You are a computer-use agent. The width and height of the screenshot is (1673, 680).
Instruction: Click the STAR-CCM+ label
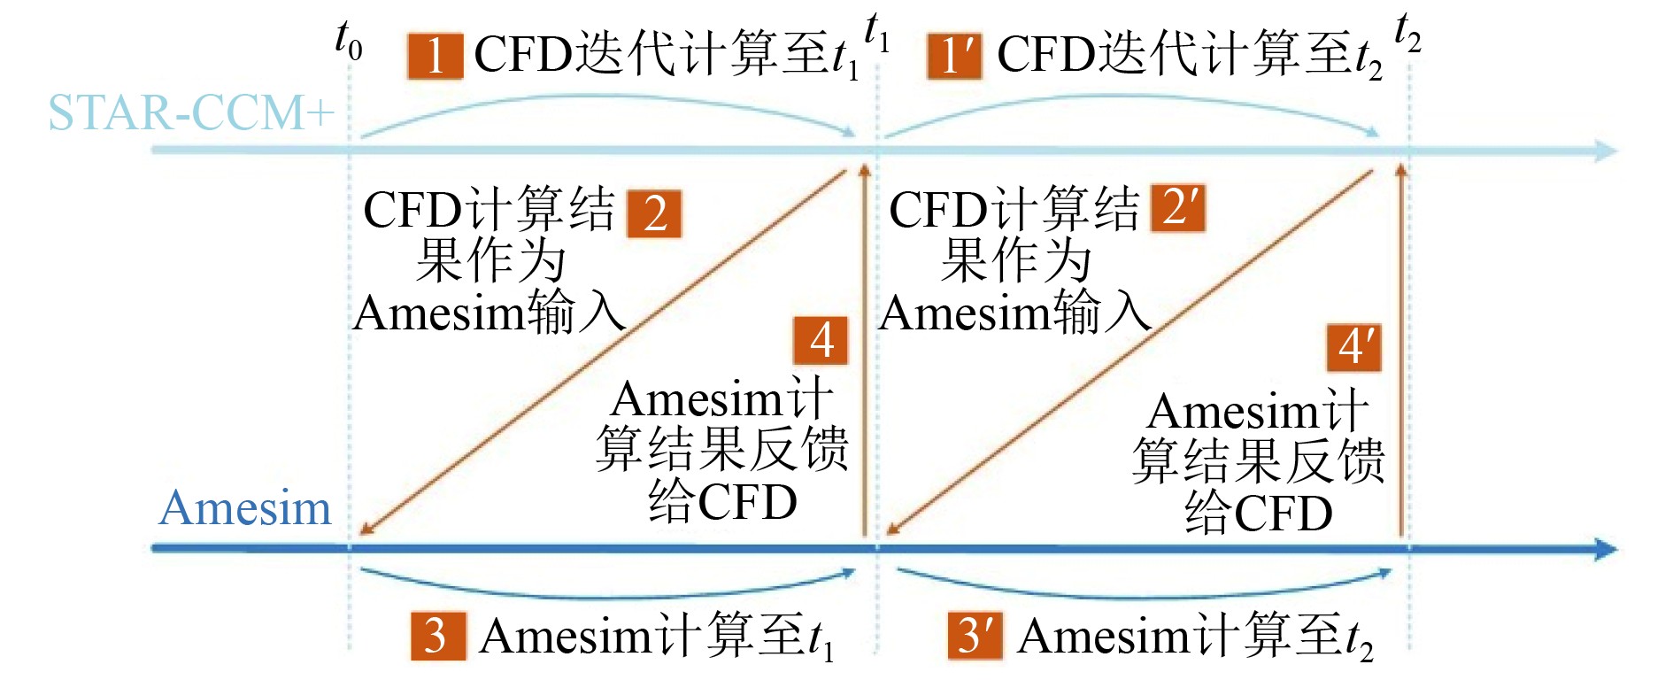click(x=191, y=113)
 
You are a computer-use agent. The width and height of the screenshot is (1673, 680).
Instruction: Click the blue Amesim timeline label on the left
click(x=245, y=508)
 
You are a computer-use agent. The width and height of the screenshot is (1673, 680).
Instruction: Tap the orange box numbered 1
click(x=435, y=56)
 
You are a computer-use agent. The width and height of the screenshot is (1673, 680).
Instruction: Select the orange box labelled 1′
click(x=954, y=56)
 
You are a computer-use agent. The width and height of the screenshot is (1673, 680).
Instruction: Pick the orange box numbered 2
click(x=654, y=213)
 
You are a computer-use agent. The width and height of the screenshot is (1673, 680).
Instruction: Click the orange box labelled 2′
click(x=1178, y=208)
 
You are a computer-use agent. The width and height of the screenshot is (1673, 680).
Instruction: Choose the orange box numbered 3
click(x=437, y=635)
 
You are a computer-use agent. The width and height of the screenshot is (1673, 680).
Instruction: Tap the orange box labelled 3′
click(x=975, y=635)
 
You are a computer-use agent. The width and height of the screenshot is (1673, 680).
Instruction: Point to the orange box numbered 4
click(x=821, y=340)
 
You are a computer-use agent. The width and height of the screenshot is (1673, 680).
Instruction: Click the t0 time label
click(x=348, y=40)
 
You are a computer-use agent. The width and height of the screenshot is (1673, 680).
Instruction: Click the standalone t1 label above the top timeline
click(x=876, y=33)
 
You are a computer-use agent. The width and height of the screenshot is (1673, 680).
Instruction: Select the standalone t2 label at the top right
click(x=1407, y=33)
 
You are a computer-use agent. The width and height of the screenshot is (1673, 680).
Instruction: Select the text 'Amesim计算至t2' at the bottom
click(x=1195, y=637)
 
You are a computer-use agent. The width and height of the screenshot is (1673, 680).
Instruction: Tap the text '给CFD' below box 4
click(x=722, y=502)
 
